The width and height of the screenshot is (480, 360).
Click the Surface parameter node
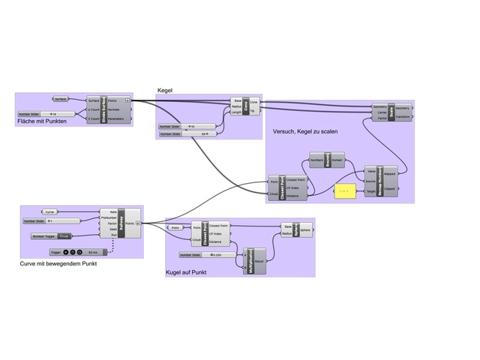[x=61, y=98]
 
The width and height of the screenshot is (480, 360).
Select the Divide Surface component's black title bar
[x=104, y=109]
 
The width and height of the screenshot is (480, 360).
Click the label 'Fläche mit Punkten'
[x=41, y=121]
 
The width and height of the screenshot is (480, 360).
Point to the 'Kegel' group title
[x=164, y=90]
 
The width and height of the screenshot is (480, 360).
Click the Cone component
[x=246, y=106]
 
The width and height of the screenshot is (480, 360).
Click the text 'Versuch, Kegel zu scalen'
[x=304, y=131]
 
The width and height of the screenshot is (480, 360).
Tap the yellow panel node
[x=344, y=192]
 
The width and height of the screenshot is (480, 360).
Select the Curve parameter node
[x=49, y=211]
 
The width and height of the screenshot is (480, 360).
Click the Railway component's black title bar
[x=121, y=223]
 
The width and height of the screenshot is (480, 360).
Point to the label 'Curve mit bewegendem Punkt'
[x=58, y=264]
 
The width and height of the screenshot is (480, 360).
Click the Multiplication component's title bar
[x=250, y=260]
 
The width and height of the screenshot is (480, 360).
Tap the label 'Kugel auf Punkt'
[x=185, y=271]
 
